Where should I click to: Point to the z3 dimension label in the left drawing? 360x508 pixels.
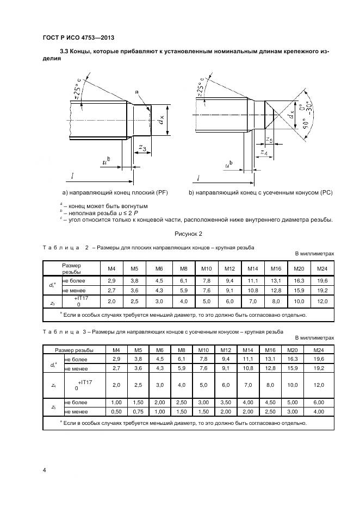click(142, 147)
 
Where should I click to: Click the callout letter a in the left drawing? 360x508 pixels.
click(136, 92)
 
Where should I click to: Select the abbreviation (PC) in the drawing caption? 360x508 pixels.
click(324, 193)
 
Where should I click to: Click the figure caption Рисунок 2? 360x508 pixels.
click(188, 234)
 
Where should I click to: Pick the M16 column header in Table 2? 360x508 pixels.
click(276, 268)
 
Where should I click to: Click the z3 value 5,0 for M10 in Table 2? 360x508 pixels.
click(206, 301)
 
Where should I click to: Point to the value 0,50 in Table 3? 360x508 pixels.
click(115, 411)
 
